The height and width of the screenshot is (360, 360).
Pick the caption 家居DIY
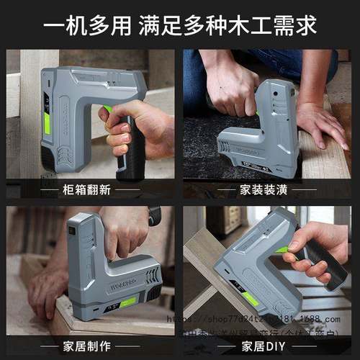click(x=267, y=346)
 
